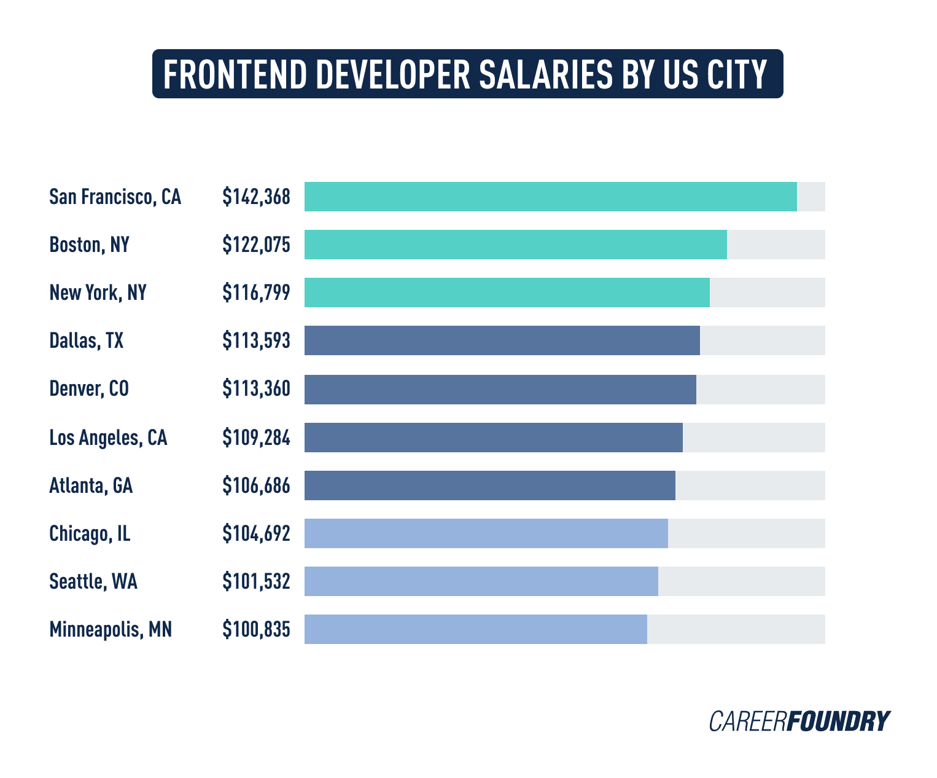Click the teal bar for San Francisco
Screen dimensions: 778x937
[x=550, y=197]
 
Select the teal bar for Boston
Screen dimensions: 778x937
[x=515, y=245]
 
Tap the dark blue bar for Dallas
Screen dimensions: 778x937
[x=502, y=340]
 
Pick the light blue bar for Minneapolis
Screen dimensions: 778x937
[x=475, y=629]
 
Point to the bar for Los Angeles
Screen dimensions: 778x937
[x=493, y=438]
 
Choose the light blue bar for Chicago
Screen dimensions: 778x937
[x=486, y=533]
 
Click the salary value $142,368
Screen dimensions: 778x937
[x=256, y=197]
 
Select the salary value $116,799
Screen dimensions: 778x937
[x=256, y=293]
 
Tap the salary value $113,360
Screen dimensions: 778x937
[x=256, y=389]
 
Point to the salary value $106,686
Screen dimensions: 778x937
[x=256, y=485]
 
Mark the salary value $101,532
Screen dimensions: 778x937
[x=256, y=581]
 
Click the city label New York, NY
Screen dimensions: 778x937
[x=98, y=293]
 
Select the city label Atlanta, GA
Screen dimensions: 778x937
[x=91, y=485]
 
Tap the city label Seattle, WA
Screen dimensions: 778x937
[x=93, y=581]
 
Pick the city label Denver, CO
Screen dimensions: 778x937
[x=89, y=389]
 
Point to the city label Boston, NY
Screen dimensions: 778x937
[x=89, y=245]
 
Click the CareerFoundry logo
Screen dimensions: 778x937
[x=799, y=721]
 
